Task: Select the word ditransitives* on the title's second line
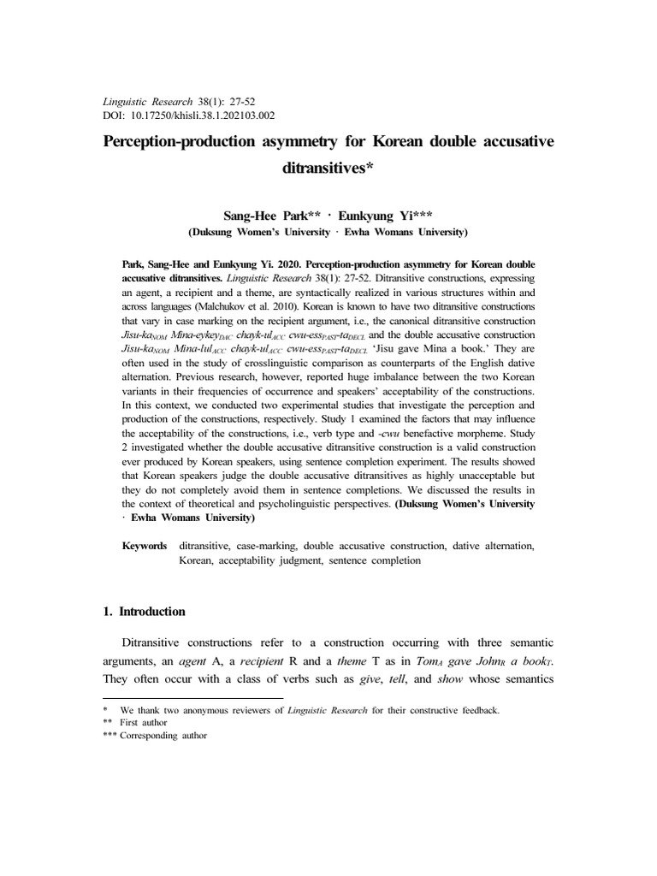click(x=328, y=169)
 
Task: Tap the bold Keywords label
click(x=145, y=545)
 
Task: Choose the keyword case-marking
click(x=269, y=545)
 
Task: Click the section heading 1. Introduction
click(x=144, y=612)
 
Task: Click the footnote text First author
click(x=144, y=723)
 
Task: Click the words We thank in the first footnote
click(x=139, y=710)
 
